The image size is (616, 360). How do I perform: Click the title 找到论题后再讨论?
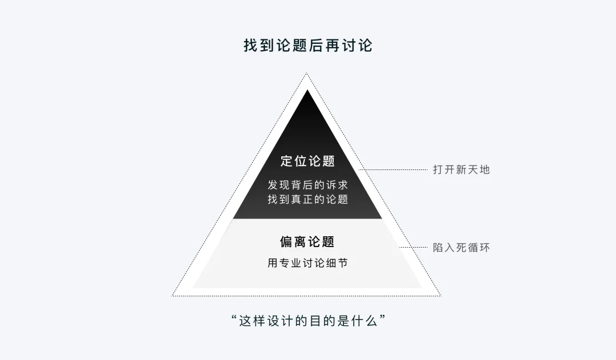[307, 46]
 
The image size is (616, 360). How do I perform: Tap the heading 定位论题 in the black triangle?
[307, 161]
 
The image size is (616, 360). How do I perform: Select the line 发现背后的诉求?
[307, 185]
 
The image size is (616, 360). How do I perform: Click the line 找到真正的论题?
[307, 199]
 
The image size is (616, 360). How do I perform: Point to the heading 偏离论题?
[307, 242]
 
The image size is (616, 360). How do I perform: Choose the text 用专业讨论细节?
[307, 263]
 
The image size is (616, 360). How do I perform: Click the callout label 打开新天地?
[461, 170]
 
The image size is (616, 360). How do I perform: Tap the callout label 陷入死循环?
[461, 248]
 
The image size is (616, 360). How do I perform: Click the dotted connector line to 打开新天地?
[393, 170]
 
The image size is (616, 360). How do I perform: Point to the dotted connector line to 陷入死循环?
[414, 247]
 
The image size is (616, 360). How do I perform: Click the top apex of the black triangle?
[307, 90]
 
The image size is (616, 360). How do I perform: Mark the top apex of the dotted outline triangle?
[306, 74]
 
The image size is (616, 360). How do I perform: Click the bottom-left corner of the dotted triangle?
[172, 296]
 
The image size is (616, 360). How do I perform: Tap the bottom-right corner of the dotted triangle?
[441, 296]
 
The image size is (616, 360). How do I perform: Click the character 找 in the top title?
[250, 46]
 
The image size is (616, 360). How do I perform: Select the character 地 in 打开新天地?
[484, 170]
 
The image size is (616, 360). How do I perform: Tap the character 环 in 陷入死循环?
[484, 248]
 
